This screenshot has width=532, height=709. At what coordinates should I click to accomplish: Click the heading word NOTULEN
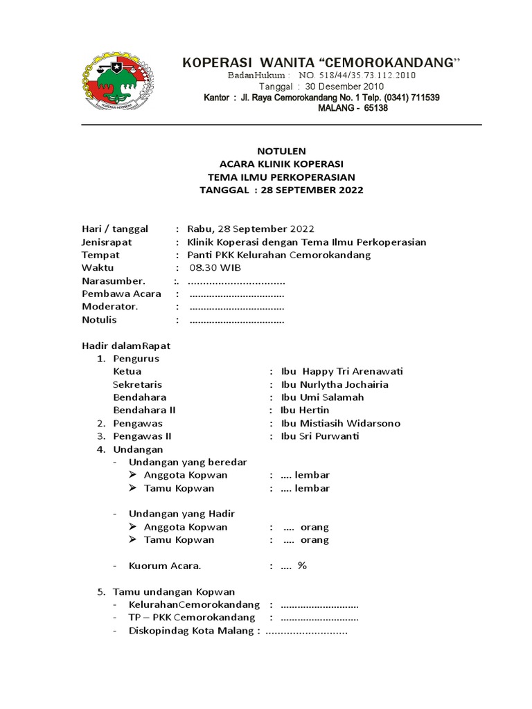click(x=281, y=150)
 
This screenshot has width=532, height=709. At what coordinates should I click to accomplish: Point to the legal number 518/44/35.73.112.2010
click(x=357, y=75)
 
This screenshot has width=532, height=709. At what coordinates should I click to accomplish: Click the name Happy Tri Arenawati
click(x=353, y=371)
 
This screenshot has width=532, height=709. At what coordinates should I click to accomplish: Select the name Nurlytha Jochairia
click(x=344, y=384)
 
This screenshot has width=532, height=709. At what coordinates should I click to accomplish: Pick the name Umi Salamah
click(x=332, y=397)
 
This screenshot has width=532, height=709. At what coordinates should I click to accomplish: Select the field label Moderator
click(x=110, y=307)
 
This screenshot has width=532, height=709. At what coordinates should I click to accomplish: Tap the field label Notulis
click(x=100, y=320)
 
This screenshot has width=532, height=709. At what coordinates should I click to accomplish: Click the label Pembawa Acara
click(x=121, y=294)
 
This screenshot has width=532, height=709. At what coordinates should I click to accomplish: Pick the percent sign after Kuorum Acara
click(x=302, y=566)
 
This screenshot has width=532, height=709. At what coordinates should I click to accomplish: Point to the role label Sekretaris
click(x=137, y=384)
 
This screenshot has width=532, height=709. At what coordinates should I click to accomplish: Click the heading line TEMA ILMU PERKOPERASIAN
click(x=281, y=177)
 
